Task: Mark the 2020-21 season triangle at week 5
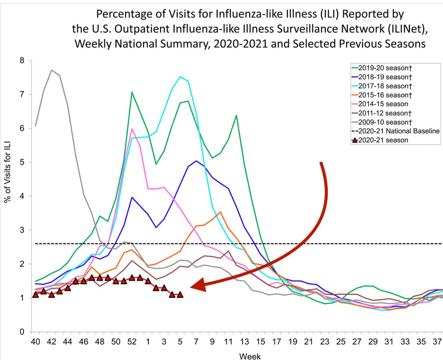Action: click(x=180, y=294)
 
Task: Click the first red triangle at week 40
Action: click(x=35, y=294)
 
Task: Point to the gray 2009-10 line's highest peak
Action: click(x=52, y=70)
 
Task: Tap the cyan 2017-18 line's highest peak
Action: click(x=180, y=77)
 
